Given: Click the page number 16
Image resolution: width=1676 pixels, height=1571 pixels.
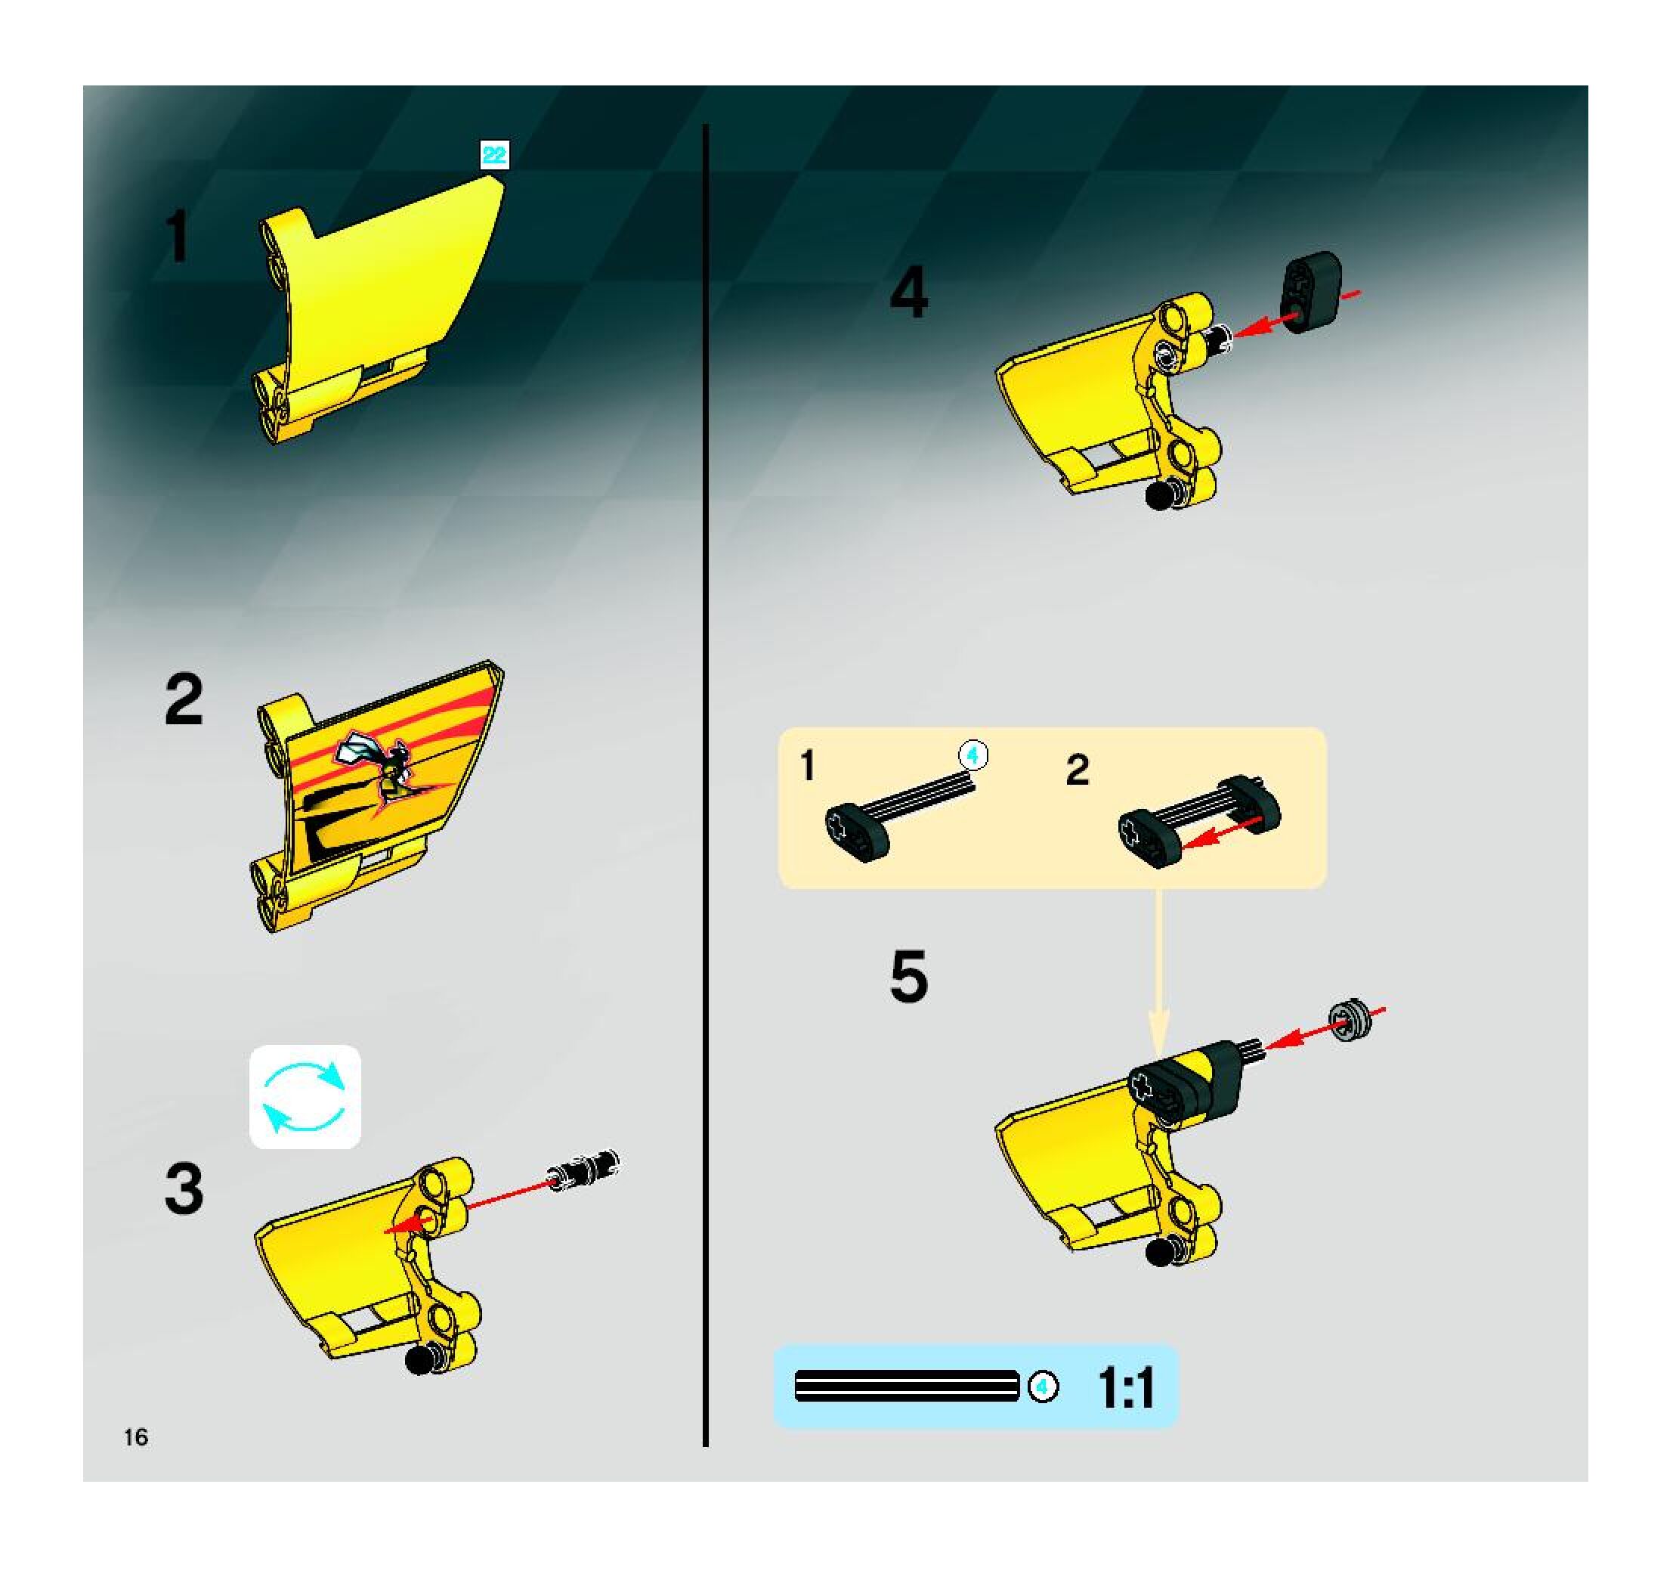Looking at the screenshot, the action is tap(136, 1437).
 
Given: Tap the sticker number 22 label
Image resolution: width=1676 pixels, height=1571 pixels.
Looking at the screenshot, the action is tap(494, 155).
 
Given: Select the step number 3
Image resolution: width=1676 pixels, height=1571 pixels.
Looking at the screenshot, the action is tap(184, 1189).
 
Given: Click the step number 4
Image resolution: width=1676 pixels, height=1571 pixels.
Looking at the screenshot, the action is tap(909, 292).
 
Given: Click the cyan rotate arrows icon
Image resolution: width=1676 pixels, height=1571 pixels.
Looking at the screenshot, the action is tap(305, 1097).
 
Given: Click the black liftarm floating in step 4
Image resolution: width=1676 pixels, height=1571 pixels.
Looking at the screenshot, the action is tap(1312, 291).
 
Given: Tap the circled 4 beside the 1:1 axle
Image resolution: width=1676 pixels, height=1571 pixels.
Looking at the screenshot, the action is tap(1043, 1386).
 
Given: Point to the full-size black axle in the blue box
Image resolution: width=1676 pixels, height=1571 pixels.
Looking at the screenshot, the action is tap(907, 1386).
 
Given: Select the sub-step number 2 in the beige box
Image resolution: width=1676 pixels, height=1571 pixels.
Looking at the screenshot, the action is tap(1078, 770).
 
